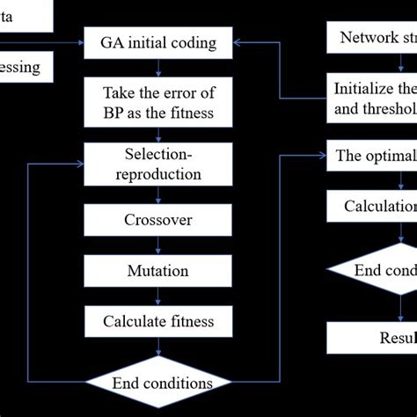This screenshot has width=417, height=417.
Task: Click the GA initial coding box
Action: (158, 41)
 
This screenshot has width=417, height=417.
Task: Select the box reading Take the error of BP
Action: (158, 101)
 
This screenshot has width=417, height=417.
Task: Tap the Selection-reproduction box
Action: (158, 163)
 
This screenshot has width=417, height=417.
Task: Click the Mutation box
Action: (158, 270)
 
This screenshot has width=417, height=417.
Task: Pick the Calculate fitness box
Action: (158, 321)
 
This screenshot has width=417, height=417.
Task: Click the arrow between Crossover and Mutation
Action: (158, 245)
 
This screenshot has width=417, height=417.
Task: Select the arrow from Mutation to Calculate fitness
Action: (158, 295)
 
